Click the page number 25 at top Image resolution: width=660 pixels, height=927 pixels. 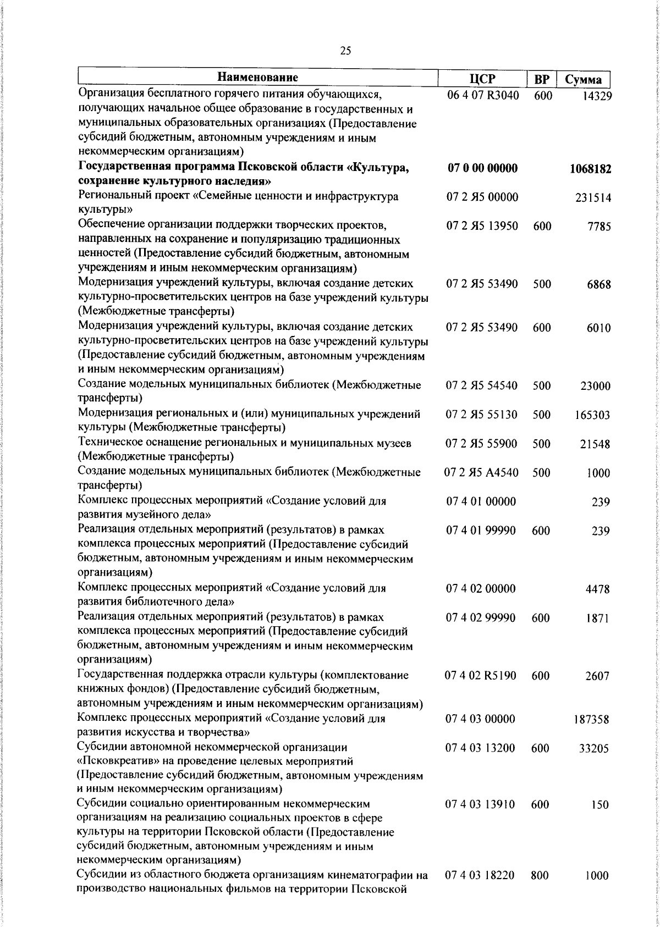(345, 51)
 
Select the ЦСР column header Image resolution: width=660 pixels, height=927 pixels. (483, 80)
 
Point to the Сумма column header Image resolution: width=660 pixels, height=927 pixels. (584, 80)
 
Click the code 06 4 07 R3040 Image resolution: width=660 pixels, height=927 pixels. (483, 95)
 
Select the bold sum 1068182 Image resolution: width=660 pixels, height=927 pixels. (590, 169)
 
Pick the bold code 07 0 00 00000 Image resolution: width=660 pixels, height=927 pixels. (482, 168)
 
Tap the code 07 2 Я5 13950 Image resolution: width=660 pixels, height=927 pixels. (482, 226)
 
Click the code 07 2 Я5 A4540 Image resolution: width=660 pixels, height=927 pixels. (481, 473)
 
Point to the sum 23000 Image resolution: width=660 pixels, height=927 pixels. (595, 387)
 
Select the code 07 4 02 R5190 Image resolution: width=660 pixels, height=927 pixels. (481, 676)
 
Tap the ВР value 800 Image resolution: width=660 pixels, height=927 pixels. (540, 876)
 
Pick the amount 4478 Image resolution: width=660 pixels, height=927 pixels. (597, 589)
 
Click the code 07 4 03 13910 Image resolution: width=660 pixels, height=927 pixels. (481, 804)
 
